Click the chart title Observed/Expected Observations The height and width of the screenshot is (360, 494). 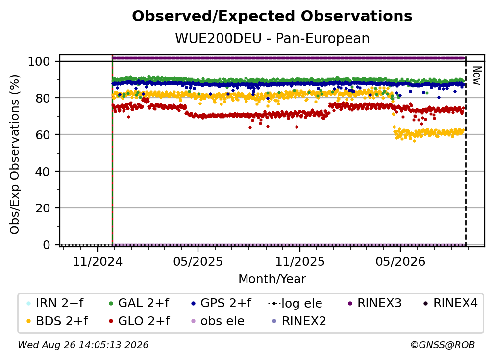(272, 16)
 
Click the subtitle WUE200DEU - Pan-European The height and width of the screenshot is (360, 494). (272, 39)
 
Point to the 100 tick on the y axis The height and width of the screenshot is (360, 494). (39, 61)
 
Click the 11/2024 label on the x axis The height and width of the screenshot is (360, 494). (98, 262)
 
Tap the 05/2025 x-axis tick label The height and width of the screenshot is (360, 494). (198, 262)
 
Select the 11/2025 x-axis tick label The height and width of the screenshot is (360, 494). (300, 262)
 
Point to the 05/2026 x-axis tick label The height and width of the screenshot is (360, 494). (400, 262)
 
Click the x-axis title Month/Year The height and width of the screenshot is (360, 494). (272, 279)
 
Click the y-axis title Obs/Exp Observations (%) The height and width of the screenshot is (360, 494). (15, 154)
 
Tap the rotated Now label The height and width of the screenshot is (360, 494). (477, 76)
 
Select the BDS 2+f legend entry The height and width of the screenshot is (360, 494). (57, 321)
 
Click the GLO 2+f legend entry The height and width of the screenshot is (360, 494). (139, 321)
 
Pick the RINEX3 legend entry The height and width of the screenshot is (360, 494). (374, 303)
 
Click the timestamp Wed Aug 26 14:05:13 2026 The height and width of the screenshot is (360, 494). (83, 345)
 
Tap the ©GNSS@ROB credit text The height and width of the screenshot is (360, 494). (443, 345)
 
